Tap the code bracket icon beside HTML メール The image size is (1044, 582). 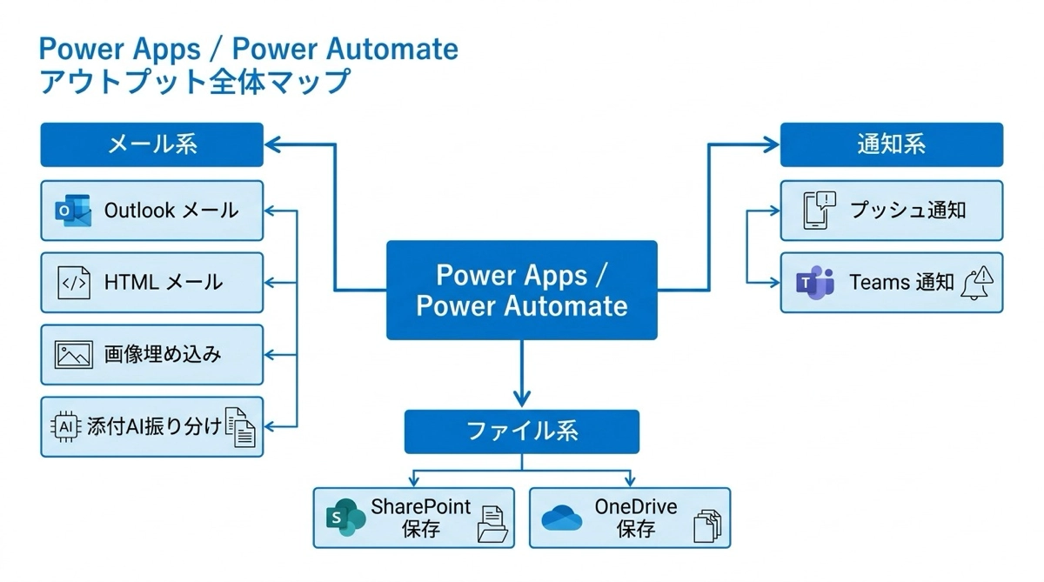(x=73, y=283)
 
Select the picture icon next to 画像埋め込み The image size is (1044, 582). (x=73, y=355)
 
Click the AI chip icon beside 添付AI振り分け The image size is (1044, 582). (x=65, y=426)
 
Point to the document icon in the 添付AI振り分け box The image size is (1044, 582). (x=241, y=427)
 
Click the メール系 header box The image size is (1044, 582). (x=151, y=144)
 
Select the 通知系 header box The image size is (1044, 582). (x=891, y=144)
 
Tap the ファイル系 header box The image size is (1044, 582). (x=522, y=431)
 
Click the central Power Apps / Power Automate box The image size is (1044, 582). (x=522, y=290)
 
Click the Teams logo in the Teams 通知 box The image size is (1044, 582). (x=815, y=283)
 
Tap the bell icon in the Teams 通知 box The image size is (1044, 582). (x=977, y=284)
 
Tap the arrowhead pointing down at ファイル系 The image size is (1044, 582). (x=522, y=399)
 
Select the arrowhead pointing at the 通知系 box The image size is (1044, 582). (x=771, y=144)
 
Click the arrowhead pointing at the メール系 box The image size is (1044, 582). (x=272, y=144)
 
